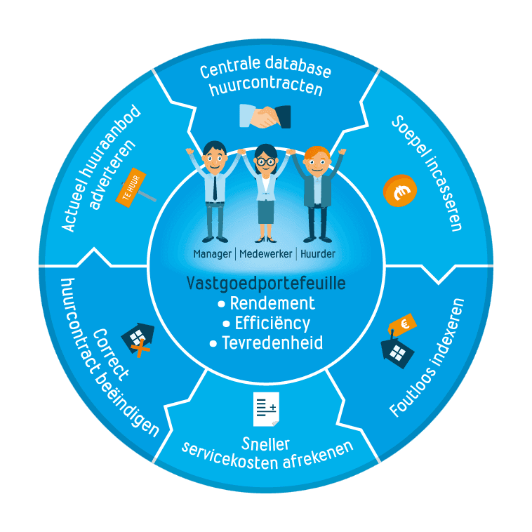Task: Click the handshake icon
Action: (x=265, y=117)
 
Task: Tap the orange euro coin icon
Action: (x=400, y=191)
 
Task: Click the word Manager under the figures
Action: (x=213, y=253)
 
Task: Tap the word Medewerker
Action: (x=267, y=253)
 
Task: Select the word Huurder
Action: (x=318, y=253)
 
